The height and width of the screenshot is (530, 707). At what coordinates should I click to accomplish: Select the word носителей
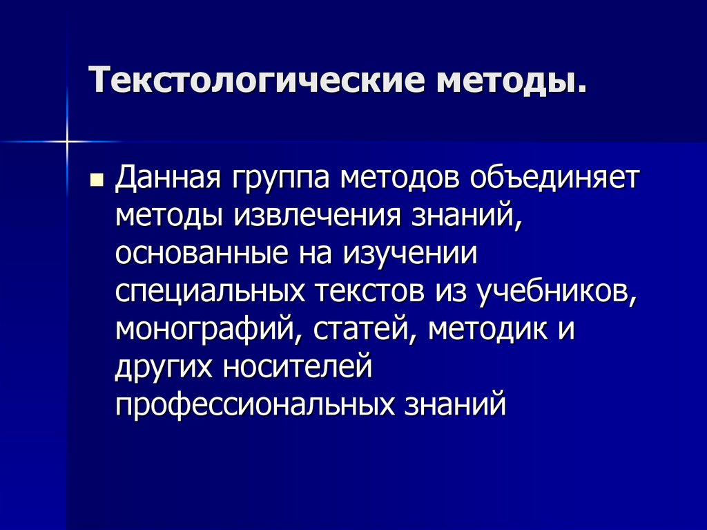click(298, 366)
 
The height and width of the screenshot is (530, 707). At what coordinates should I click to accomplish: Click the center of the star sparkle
click(68, 142)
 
